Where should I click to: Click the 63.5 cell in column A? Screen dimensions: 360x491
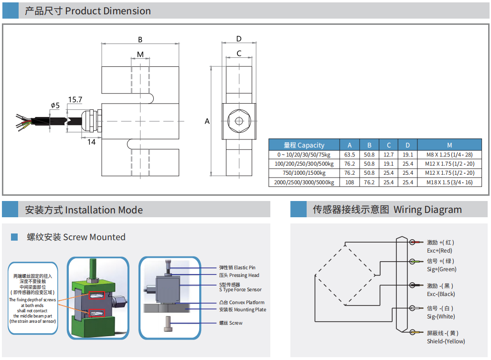[x=350, y=155]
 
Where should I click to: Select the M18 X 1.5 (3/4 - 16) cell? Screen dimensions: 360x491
[x=449, y=182]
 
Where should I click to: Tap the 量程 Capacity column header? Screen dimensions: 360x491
[x=304, y=145]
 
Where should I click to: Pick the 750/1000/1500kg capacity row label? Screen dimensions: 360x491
[x=304, y=173]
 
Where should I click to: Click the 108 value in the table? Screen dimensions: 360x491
[x=350, y=182]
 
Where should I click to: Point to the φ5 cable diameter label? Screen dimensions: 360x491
[x=55, y=106]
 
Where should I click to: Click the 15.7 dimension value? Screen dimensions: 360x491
[x=75, y=99]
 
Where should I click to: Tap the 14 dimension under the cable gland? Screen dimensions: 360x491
[x=91, y=142]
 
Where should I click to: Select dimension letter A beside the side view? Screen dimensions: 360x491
[x=207, y=121]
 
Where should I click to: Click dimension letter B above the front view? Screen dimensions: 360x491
[x=140, y=40]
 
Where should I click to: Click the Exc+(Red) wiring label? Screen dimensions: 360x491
[x=439, y=251]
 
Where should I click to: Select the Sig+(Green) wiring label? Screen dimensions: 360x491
[x=441, y=269]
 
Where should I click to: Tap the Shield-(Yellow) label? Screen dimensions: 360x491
[x=446, y=341]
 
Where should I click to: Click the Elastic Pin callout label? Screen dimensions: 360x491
[x=237, y=267]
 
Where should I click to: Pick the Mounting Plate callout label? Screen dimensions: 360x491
[x=243, y=310]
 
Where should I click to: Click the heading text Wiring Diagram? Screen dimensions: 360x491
[x=427, y=210]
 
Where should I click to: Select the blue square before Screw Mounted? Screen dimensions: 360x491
[x=14, y=237]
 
